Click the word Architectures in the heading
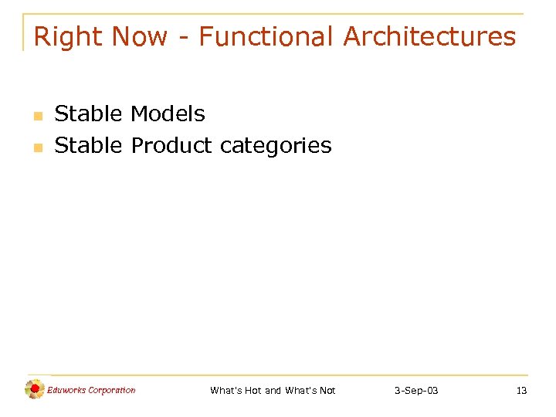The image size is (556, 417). (429, 36)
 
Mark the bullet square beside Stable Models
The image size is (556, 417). (36, 117)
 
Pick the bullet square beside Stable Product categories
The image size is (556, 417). (36, 147)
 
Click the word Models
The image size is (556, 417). (168, 114)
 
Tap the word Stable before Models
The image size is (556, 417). (88, 114)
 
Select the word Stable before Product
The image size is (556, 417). (88, 145)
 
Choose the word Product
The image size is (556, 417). (171, 145)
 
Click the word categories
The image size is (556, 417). (276, 145)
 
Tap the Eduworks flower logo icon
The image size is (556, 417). (34, 389)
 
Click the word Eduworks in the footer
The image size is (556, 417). (66, 390)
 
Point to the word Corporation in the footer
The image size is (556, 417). (112, 390)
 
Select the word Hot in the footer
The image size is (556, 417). (253, 391)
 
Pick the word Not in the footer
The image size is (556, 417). (326, 391)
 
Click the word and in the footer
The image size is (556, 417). (273, 391)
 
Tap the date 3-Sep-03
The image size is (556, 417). (416, 391)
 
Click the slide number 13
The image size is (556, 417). (521, 391)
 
